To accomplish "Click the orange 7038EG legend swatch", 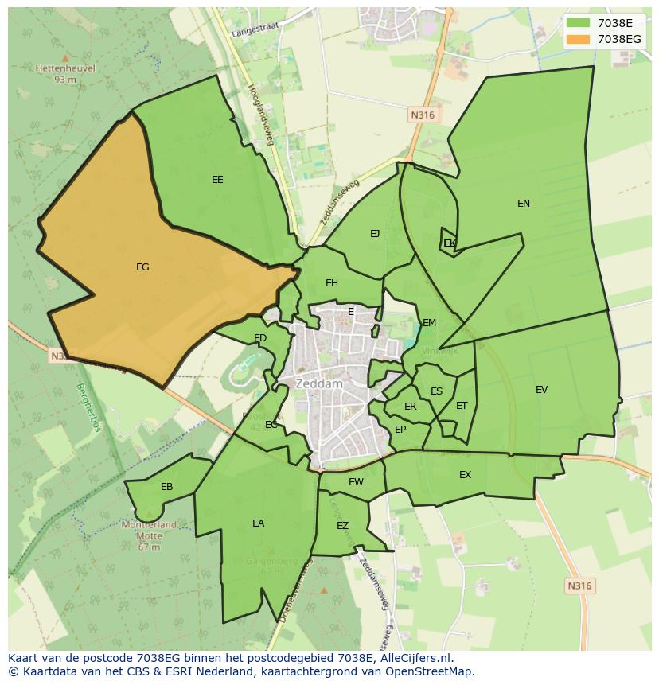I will pos(579,39).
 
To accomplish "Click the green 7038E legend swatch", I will pos(579,23).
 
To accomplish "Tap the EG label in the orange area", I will pos(142,267).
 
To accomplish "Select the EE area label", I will pos(217,180).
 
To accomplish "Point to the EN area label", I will pos(524,204).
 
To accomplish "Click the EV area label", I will pos(542,390).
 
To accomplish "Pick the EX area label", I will pos(466,475).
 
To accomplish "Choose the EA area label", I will pos(258,523).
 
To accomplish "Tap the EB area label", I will pos(167,487).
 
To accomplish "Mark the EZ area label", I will pos(343,526).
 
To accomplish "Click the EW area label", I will pos(357,482).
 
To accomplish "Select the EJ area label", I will pos(375,234).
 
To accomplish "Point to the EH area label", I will pos(332,283).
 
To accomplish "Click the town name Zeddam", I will pos(318,383).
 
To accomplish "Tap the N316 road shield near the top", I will pos(423,115).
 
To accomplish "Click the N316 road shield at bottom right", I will pos(579,586).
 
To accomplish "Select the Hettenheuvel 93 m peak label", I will pos(65,73).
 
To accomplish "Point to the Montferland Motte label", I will pos(149,531).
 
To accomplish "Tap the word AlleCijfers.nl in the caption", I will pos(414,658).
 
